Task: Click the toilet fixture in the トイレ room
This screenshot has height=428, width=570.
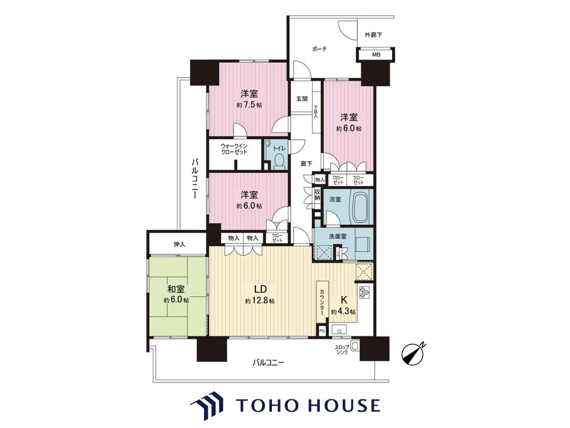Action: pyautogui.click(x=279, y=161)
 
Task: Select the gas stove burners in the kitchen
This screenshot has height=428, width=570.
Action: pyautogui.click(x=364, y=292)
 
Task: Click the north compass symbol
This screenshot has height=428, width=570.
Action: pyautogui.click(x=413, y=353)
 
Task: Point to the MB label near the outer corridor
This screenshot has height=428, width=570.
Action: pyautogui.click(x=376, y=55)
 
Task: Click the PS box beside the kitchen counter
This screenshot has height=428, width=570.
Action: pyautogui.click(x=321, y=331)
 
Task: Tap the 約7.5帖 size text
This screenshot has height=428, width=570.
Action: pyautogui.click(x=249, y=105)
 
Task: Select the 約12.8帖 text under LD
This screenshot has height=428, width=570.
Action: pyautogui.click(x=259, y=301)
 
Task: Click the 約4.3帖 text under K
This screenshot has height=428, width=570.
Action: pyautogui.click(x=343, y=312)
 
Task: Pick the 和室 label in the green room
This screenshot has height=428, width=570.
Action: pyautogui.click(x=176, y=289)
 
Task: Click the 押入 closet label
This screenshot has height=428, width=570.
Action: pyautogui.click(x=179, y=245)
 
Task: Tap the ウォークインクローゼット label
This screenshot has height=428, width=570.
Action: pyautogui.click(x=234, y=149)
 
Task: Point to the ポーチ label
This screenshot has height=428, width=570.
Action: pyautogui.click(x=319, y=49)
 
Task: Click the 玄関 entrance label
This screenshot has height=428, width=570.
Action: pyautogui.click(x=302, y=99)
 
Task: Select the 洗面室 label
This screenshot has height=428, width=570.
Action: pyautogui.click(x=337, y=236)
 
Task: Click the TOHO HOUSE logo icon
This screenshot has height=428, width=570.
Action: pyautogui.click(x=207, y=406)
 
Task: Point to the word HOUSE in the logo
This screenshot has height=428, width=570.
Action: pyautogui.click(x=343, y=405)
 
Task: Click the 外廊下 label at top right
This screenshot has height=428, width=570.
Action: pyautogui.click(x=373, y=35)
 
